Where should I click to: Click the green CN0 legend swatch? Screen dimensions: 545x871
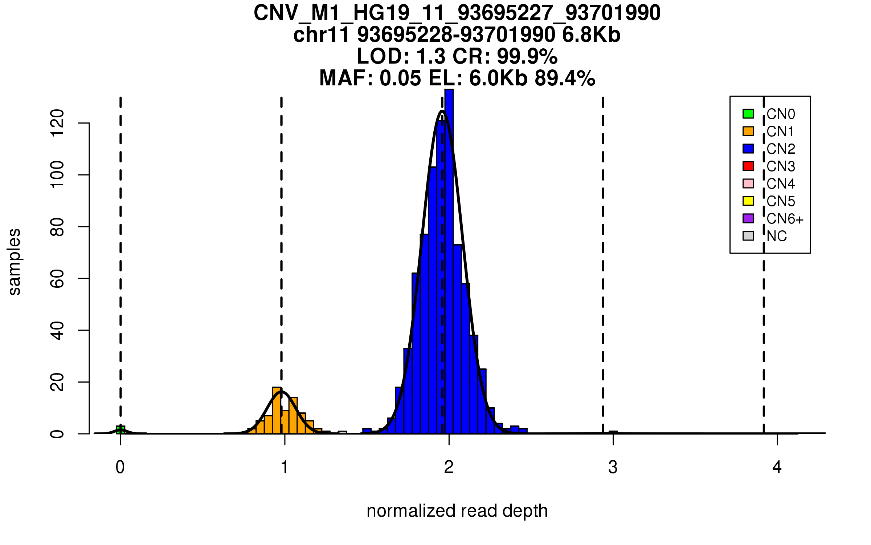click(x=748, y=114)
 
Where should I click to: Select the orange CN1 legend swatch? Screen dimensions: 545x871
click(x=748, y=131)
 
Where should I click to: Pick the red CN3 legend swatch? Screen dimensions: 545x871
click(x=748, y=166)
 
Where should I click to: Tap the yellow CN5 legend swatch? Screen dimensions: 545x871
click(x=748, y=201)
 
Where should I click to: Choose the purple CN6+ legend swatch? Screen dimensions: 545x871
click(x=748, y=218)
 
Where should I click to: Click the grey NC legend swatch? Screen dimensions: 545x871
click(x=748, y=236)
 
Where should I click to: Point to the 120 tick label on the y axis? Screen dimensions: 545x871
click(x=57, y=124)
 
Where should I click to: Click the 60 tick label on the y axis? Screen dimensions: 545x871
click(x=57, y=279)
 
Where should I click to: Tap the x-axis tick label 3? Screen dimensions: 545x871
click(x=613, y=467)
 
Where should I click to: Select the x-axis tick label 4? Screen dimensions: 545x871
click(x=777, y=467)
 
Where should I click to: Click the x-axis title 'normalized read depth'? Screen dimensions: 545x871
click(x=457, y=511)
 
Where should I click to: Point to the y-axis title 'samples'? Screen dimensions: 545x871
click(x=15, y=262)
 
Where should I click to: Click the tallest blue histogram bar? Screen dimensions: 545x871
click(x=449, y=262)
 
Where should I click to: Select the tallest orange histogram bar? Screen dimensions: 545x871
click(x=277, y=411)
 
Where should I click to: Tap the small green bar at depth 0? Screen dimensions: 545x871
click(x=120, y=430)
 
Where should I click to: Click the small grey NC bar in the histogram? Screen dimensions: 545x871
click(x=342, y=432)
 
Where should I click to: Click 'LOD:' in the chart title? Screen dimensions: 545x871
click(x=383, y=57)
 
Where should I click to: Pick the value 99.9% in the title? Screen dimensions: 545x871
click(x=527, y=57)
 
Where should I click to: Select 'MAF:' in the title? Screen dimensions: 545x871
click(x=347, y=78)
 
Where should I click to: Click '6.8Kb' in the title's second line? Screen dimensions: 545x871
click(x=591, y=35)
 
